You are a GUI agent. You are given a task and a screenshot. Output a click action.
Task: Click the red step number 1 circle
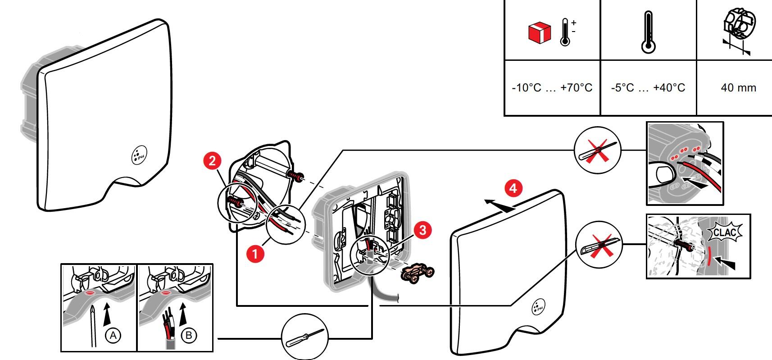click(255, 254)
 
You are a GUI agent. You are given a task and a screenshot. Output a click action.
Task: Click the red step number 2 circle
click(212, 161)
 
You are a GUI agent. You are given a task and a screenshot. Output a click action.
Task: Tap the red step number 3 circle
click(422, 230)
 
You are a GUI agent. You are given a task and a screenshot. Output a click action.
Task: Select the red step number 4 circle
click(513, 188)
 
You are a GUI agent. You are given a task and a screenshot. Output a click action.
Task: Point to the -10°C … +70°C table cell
click(552, 87)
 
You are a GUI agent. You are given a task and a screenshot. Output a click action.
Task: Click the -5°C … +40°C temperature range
click(648, 87)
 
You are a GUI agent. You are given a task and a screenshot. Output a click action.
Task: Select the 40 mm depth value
click(738, 87)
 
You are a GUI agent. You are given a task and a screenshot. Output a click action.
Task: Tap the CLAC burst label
click(725, 233)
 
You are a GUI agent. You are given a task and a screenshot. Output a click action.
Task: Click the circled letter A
click(113, 336)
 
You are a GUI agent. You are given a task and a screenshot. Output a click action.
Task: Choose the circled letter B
click(189, 336)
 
